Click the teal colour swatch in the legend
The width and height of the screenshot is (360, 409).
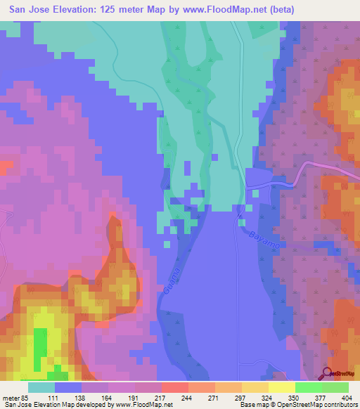pyautogui.click(x=41, y=387)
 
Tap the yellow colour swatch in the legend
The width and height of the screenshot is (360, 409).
pyautogui.click(x=282, y=387)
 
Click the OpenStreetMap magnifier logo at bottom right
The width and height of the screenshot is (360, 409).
pyautogui.click(x=328, y=373)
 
